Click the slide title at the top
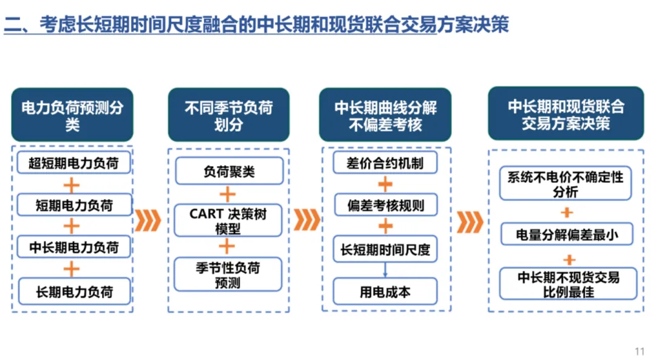coord(256,25)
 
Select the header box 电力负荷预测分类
coord(72,116)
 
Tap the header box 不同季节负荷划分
coord(229,116)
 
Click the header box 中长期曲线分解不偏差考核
coord(385,116)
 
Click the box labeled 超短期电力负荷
coord(73,163)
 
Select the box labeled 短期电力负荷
coord(74,205)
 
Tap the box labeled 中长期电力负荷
coord(74,248)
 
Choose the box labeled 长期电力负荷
coord(74,291)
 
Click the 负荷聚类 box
coord(229,172)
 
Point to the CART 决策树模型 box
coord(228,221)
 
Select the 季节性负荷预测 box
coord(228,275)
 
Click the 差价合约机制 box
coord(385,163)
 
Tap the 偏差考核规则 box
coord(385,205)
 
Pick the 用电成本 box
coord(385,292)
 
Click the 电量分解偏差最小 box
coord(567,234)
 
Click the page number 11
coord(639,352)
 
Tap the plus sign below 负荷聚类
coord(227,195)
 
